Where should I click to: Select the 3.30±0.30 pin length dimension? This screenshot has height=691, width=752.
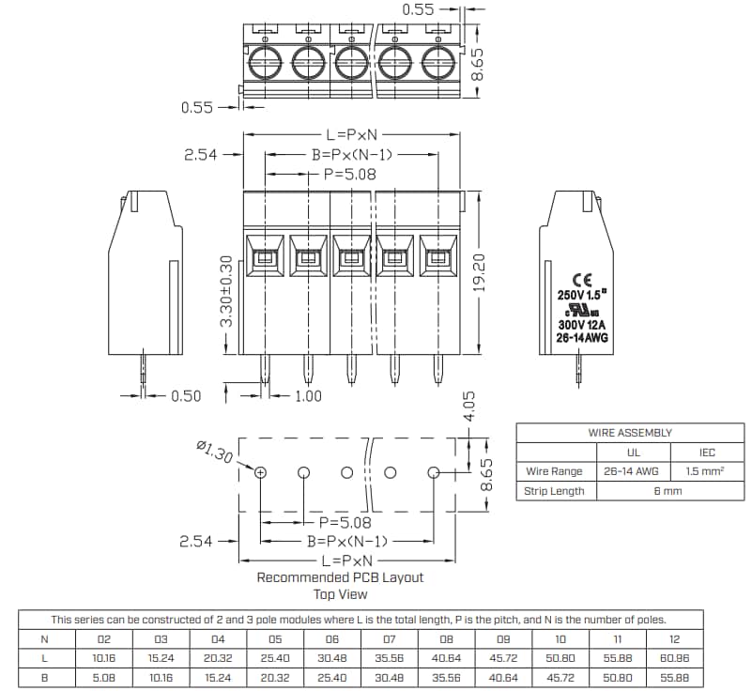pos(225,291)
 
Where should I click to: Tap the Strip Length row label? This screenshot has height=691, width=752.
pos(555,491)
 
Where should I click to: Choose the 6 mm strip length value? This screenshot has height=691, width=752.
pos(668,491)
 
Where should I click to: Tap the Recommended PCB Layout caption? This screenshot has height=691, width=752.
pos(339,577)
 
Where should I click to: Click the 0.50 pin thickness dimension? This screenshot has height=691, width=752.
pos(186,396)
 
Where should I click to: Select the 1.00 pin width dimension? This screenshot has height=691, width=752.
pos(308,396)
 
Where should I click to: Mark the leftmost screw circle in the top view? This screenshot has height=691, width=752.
pos(265,63)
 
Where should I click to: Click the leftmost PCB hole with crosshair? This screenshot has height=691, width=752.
pos(261,471)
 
